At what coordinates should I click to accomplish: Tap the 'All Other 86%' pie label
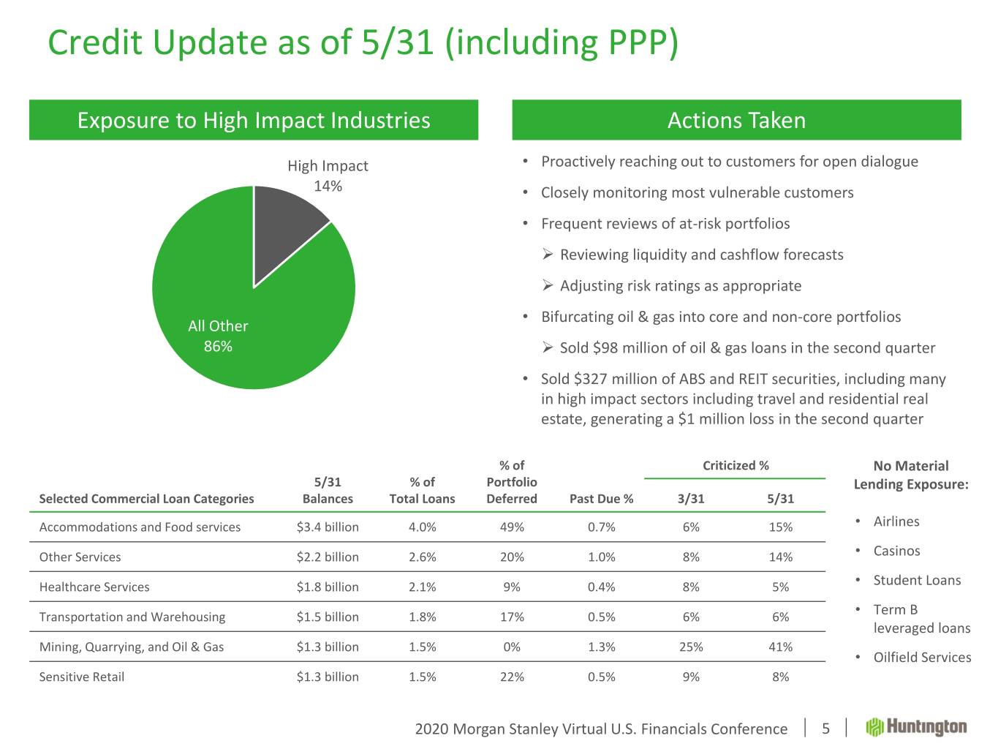[218, 336]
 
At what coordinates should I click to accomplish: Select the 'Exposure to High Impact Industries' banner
[254, 120]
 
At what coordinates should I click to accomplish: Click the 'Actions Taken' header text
[736, 120]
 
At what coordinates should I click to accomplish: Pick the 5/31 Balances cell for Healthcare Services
[328, 587]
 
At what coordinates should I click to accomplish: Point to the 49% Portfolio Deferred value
[512, 527]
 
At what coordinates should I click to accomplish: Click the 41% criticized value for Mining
[780, 647]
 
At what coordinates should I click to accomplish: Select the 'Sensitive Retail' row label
[82, 677]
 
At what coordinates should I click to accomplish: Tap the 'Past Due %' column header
[601, 499]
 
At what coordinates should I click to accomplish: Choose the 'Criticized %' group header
[736, 465]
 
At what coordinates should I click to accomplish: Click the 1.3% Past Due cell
[601, 647]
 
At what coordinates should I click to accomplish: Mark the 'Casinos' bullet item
[896, 551]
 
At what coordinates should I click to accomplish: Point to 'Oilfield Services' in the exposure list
[922, 657]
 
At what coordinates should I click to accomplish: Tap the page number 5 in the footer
[826, 729]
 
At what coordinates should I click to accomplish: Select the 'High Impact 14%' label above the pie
[328, 176]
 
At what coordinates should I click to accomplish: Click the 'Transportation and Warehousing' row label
[132, 617]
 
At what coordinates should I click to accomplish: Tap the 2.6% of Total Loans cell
[423, 557]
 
